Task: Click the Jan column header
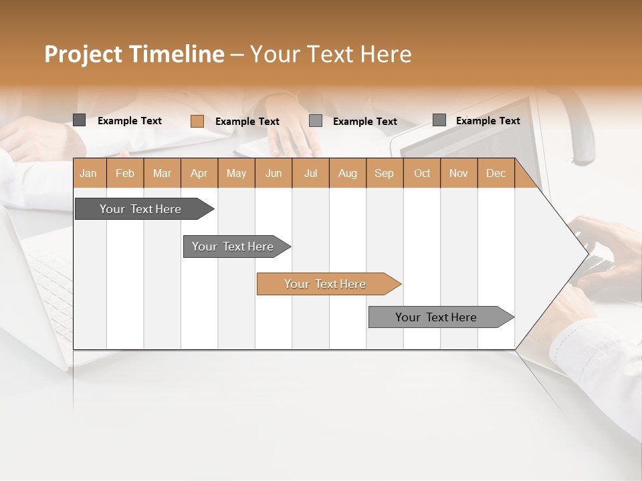(88, 174)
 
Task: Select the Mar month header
(162, 174)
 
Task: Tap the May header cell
(236, 174)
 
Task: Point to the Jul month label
(310, 174)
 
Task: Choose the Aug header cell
(347, 174)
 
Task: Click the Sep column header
(384, 174)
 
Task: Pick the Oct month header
(422, 174)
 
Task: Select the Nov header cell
(459, 174)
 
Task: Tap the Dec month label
(496, 174)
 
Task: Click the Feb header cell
(125, 174)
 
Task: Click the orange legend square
(197, 121)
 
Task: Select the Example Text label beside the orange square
(247, 122)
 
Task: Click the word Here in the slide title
(386, 54)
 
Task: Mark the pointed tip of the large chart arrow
(587, 254)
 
